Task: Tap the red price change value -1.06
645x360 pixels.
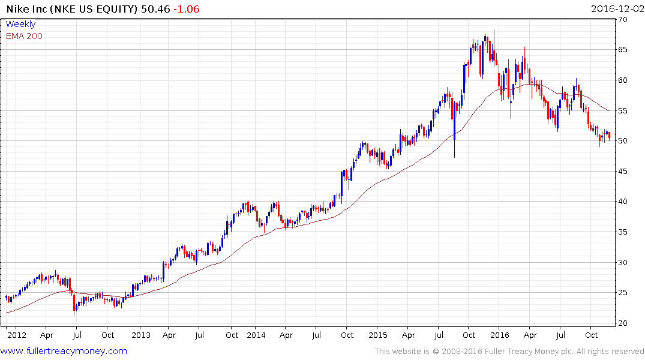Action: pos(186,9)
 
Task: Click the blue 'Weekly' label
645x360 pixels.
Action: pos(20,24)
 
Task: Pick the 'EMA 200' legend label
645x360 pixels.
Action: pos(24,36)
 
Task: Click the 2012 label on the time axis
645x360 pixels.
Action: pos(16,335)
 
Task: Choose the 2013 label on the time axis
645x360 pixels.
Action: pos(140,335)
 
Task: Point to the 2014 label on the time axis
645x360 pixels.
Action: pos(256,335)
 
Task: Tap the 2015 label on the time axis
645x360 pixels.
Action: pos(378,335)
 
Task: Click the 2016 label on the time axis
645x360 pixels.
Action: pos(499,335)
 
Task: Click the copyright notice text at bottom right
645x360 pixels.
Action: pos(509,352)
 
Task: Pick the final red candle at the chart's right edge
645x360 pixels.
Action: pos(610,136)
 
